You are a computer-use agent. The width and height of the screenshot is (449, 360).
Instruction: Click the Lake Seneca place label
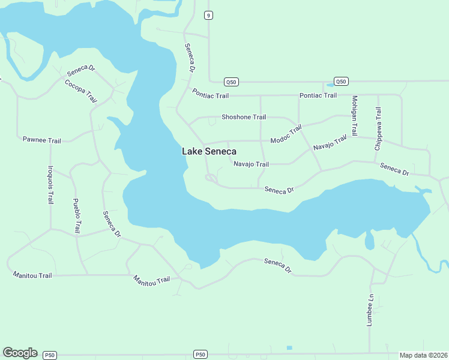209,152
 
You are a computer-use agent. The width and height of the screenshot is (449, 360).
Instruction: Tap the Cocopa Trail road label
80,90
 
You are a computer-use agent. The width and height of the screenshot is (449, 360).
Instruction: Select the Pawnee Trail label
42,140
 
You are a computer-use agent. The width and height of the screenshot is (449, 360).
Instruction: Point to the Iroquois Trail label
51,185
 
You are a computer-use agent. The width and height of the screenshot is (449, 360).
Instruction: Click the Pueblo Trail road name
76,215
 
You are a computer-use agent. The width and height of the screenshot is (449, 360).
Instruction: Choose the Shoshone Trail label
243,117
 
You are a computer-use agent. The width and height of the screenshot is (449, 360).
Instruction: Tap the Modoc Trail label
286,134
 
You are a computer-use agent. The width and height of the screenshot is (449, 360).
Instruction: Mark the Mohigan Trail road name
355,116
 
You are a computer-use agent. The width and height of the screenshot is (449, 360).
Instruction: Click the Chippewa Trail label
378,128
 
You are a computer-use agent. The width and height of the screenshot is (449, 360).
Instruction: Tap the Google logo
20,353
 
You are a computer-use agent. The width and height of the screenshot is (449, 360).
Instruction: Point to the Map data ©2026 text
423,355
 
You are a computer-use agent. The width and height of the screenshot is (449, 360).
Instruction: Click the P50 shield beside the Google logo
50,355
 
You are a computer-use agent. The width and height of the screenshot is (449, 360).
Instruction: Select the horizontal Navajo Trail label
251,164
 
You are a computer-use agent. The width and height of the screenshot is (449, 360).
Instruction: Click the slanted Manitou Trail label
152,280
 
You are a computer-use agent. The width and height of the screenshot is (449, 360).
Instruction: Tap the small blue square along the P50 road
289,348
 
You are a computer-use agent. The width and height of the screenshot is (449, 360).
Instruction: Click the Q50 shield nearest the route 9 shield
231,81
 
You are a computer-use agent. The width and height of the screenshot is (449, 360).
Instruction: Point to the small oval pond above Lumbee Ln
369,241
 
